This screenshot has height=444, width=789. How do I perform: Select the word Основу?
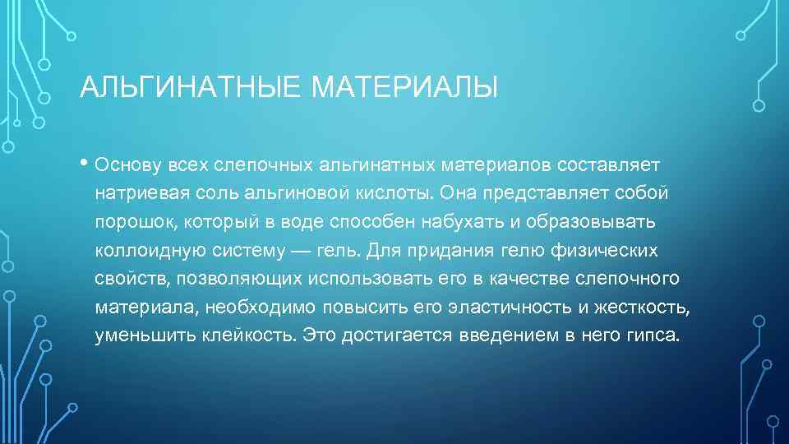[127, 164]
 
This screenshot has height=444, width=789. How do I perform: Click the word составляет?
[609, 164]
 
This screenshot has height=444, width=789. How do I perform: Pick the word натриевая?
[136, 193]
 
